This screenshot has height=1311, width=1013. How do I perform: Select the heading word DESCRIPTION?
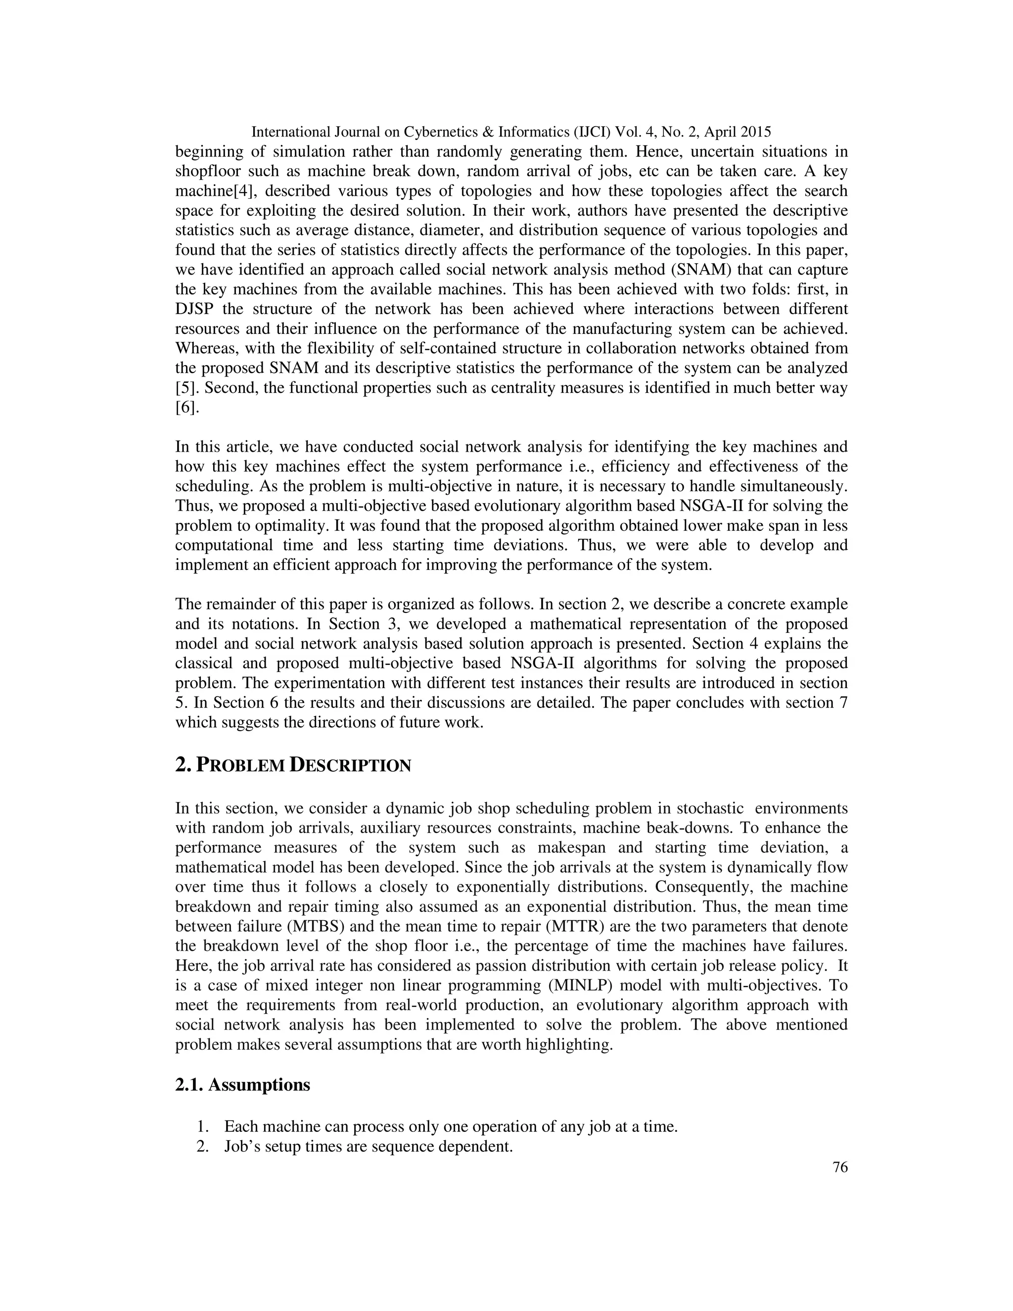pos(351,766)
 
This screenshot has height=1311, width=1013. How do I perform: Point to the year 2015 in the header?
pos(751,132)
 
